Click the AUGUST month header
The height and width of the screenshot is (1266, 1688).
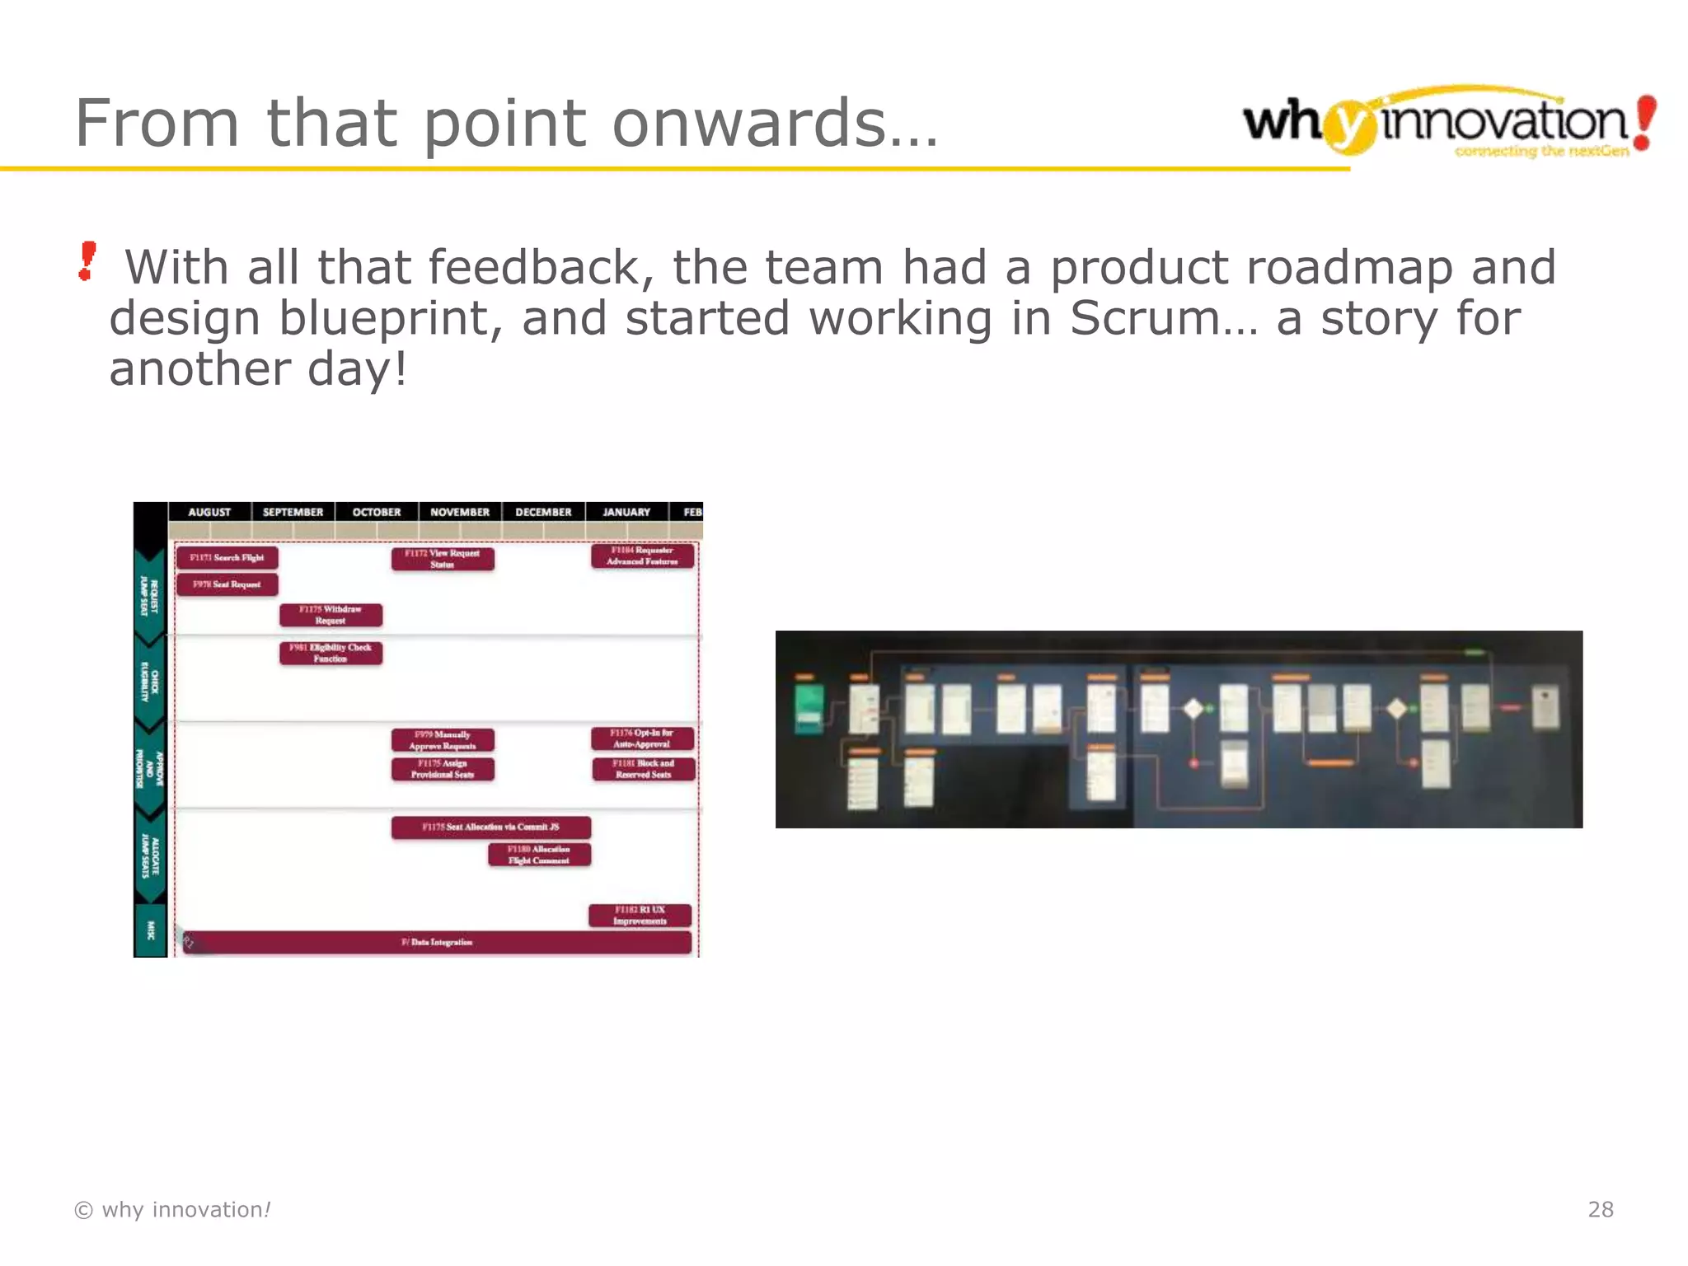[x=209, y=512]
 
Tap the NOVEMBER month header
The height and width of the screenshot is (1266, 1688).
[x=459, y=512]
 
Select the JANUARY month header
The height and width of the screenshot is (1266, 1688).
[x=626, y=512]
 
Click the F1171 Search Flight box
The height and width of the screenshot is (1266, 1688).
[x=227, y=558]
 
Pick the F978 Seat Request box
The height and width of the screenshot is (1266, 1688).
[x=227, y=584]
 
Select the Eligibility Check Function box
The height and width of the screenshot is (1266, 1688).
[x=331, y=653]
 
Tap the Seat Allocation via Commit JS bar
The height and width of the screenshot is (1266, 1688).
[x=490, y=827]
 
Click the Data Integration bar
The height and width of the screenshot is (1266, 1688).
[x=437, y=942]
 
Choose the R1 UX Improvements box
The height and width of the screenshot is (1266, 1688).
[x=640, y=916]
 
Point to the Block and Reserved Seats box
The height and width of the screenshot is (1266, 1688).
[x=644, y=769]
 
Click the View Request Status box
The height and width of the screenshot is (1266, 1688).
[x=443, y=559]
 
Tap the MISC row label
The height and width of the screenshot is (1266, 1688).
[x=150, y=931]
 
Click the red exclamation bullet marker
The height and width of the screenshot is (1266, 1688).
[x=87, y=261]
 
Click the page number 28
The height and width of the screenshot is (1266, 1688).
[x=1600, y=1209]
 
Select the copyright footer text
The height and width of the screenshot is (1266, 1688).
[x=172, y=1209]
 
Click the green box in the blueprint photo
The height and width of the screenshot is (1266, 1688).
[x=809, y=708]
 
